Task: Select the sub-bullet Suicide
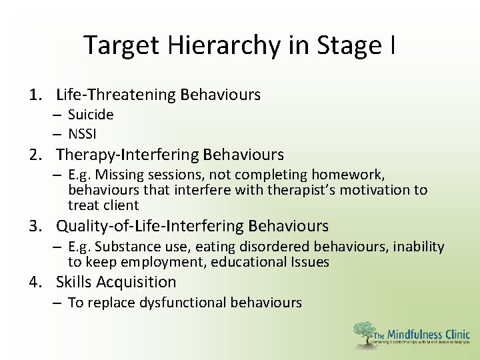tap(91, 115)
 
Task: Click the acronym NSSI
tap(83, 133)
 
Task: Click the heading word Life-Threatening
tap(116, 95)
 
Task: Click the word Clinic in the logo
tap(457, 335)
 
